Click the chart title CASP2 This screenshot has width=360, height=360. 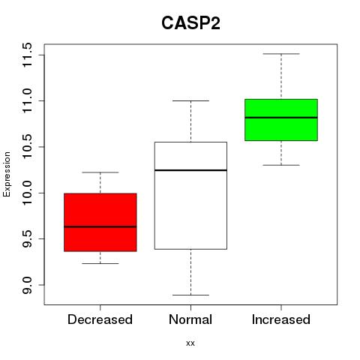tap(190, 23)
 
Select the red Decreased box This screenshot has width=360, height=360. tap(100, 222)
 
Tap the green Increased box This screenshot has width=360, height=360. tap(281, 120)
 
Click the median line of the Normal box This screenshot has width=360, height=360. tap(190, 170)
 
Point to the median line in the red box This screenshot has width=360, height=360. tap(100, 226)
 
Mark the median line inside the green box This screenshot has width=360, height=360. tap(281, 118)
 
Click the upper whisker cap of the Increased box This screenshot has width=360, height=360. tap(281, 54)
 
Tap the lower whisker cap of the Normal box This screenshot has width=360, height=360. tap(190, 295)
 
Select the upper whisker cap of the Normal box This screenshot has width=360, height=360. tap(190, 100)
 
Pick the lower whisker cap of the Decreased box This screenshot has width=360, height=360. tap(100, 263)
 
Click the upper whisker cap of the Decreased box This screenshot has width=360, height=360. tap(100, 172)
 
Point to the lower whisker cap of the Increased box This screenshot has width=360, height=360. tap(281, 165)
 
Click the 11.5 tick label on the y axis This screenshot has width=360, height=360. tap(27, 55)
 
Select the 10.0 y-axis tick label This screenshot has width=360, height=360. tap(27, 193)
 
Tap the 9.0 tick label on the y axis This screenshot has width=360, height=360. tap(27, 285)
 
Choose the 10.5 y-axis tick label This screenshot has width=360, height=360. tap(27, 147)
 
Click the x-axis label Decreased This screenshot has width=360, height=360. tap(100, 319)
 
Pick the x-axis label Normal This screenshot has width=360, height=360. tap(190, 319)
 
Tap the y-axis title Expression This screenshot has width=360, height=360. tap(7, 174)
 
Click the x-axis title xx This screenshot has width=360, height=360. tap(190, 343)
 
